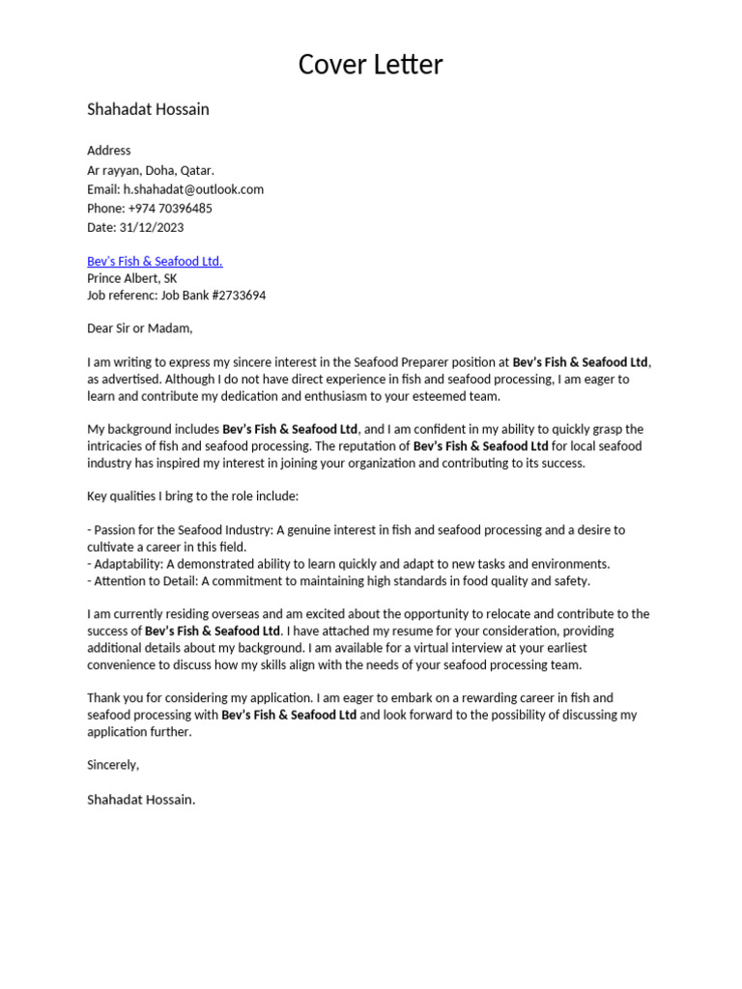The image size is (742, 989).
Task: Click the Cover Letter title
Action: click(x=370, y=65)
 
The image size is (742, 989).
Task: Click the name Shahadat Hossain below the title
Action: click(x=148, y=109)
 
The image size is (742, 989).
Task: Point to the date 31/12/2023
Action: click(x=152, y=228)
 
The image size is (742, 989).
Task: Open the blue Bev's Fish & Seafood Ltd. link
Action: click(x=155, y=262)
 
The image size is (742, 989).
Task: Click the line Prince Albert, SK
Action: click(x=131, y=278)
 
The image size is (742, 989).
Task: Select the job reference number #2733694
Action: click(x=233, y=296)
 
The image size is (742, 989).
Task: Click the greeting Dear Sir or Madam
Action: click(x=140, y=328)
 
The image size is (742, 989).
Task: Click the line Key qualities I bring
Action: click(x=193, y=496)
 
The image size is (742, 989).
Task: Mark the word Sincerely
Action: click(x=113, y=765)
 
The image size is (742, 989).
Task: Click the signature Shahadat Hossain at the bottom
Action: click(x=141, y=800)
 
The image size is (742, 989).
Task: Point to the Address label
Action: click(x=109, y=151)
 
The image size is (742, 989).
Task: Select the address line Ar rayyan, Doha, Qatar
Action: click(x=151, y=170)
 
